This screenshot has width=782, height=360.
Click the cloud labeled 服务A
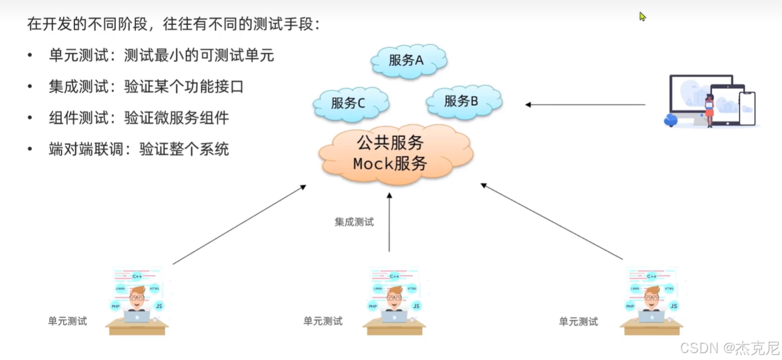tap(407, 61)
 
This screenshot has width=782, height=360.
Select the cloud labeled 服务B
tap(463, 101)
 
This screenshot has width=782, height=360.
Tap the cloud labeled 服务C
tap(349, 103)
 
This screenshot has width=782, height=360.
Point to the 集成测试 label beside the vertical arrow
tap(354, 222)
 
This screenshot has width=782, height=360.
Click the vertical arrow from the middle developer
tap(389, 222)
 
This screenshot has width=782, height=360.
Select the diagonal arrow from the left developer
tap(239, 224)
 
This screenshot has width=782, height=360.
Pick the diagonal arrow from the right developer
tap(552, 222)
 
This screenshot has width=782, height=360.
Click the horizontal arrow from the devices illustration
tap(585, 105)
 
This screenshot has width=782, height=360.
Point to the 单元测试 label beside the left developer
tap(68, 321)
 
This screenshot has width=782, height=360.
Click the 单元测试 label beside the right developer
tap(579, 321)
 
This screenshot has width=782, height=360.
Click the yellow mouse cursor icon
tap(642, 17)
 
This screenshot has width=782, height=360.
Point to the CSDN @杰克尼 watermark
tap(729, 347)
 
